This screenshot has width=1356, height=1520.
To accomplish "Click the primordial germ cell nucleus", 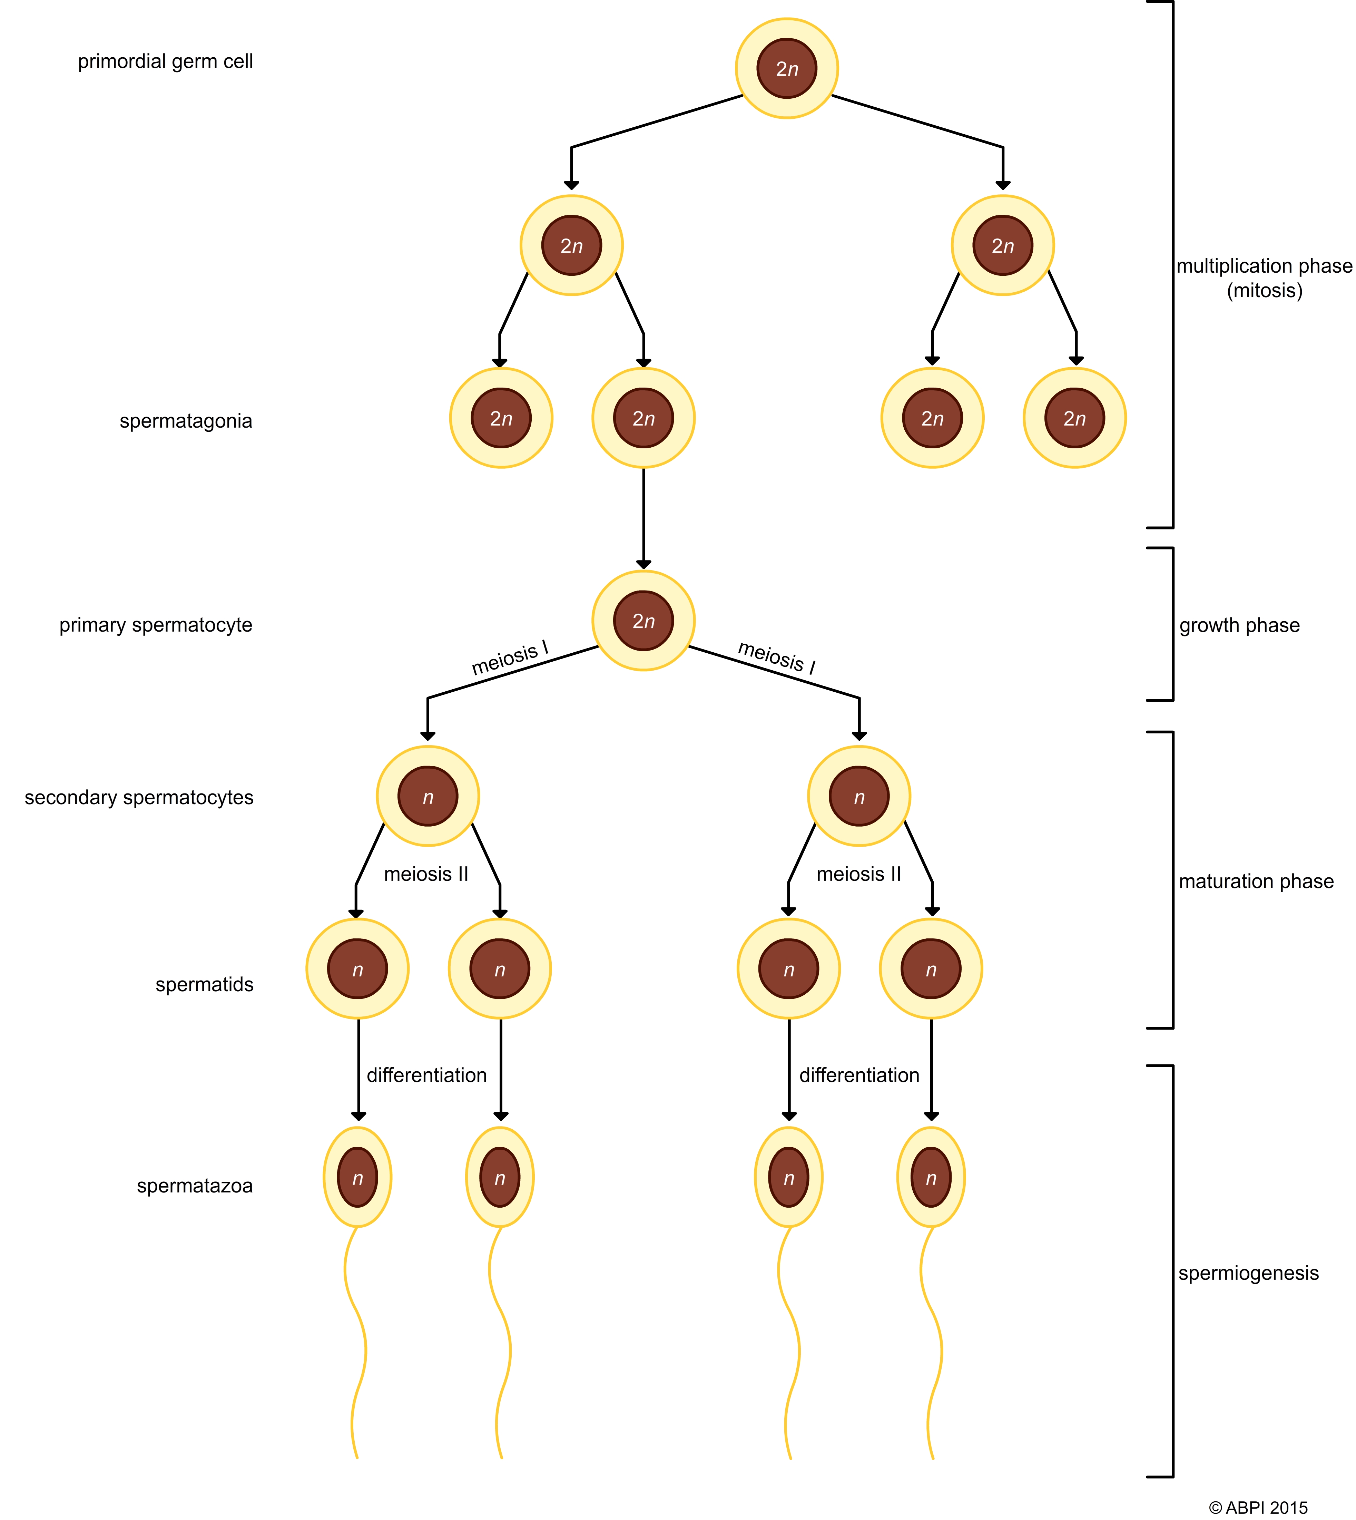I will pyautogui.click(x=787, y=69).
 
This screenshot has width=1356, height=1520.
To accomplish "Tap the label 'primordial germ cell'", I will pyautogui.click(x=165, y=61).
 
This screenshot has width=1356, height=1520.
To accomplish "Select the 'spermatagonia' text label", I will pyautogui.click(x=186, y=421).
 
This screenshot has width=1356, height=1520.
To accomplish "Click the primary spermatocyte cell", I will pyautogui.click(x=643, y=621).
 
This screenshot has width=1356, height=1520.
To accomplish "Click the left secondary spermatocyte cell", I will pyautogui.click(x=428, y=797).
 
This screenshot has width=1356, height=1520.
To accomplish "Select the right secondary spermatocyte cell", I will pyautogui.click(x=859, y=797).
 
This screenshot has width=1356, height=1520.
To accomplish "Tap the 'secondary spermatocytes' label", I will pyautogui.click(x=139, y=797).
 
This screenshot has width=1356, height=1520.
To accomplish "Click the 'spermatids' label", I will pyautogui.click(x=204, y=984).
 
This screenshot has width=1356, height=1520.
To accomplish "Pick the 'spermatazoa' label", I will pyautogui.click(x=195, y=1186).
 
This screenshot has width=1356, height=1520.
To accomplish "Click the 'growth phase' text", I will pyautogui.click(x=1239, y=625).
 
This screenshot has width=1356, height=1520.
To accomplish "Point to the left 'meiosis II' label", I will pyautogui.click(x=426, y=874).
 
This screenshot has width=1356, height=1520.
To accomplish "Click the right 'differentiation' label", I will pyautogui.click(x=859, y=1075).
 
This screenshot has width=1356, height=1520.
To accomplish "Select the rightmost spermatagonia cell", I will pyautogui.click(x=1074, y=418).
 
